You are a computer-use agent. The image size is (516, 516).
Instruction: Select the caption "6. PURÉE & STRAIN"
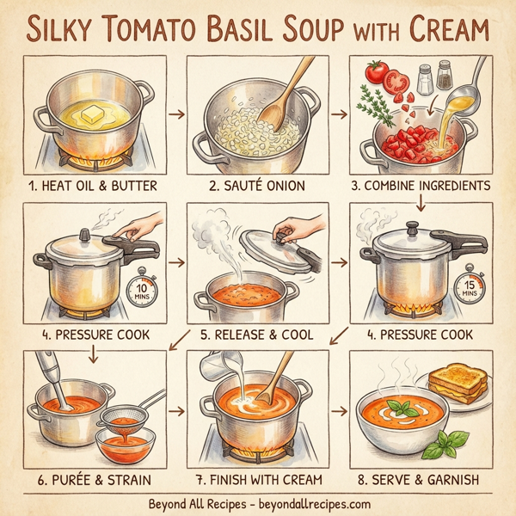[x=88, y=477]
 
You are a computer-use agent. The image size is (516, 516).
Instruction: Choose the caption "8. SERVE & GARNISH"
[x=425, y=477]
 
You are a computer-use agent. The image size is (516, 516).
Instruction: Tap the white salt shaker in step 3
[x=424, y=80]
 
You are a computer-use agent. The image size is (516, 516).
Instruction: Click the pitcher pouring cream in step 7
[x=218, y=370]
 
